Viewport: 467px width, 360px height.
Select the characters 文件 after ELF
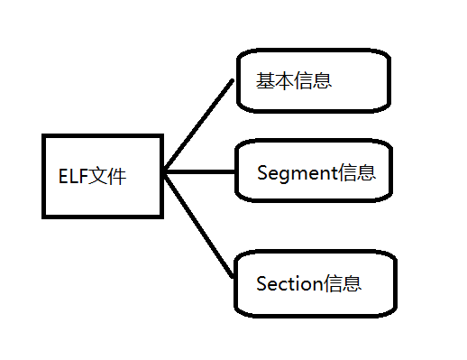point(106,175)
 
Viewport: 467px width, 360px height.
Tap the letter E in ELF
point(62,175)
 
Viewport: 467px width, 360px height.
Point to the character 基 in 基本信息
point(265,81)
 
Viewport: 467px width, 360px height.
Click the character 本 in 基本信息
point(284,81)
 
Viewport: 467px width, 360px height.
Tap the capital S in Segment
point(262,172)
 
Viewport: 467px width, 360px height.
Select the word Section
point(289,284)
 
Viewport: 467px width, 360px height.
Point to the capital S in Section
point(261,284)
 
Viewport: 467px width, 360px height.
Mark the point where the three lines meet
point(167,171)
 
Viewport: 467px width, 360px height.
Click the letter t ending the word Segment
point(334,173)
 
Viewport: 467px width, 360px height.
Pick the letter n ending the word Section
point(317,284)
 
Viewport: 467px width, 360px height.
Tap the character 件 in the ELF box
point(116,175)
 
